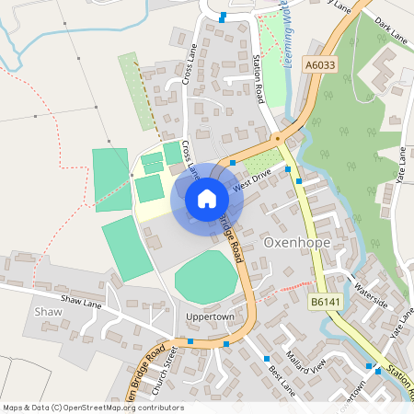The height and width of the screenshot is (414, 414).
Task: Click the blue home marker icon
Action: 207,199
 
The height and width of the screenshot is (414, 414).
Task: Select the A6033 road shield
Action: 318,65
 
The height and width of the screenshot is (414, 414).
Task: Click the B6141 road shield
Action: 325,302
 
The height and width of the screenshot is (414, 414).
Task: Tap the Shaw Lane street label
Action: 80,300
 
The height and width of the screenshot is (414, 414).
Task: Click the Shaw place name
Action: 47,313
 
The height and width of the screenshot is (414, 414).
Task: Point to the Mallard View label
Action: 305,360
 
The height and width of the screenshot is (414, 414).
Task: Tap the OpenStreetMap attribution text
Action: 93,408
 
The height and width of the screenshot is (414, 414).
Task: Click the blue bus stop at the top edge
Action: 223,16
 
